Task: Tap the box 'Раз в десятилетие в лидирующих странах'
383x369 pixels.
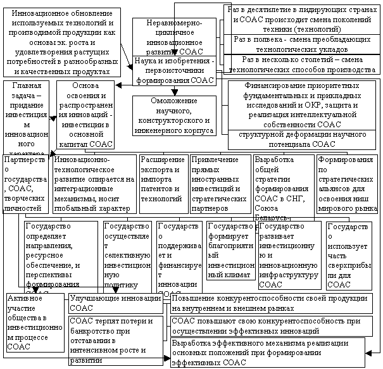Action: pos(303,18)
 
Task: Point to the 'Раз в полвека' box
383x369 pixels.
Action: pos(303,44)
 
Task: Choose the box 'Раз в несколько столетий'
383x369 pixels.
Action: pos(303,64)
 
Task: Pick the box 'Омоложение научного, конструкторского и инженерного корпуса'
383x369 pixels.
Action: pos(174,115)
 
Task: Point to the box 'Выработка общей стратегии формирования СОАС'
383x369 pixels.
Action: pos(282,185)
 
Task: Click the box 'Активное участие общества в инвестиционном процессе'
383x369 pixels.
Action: pos(35,323)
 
